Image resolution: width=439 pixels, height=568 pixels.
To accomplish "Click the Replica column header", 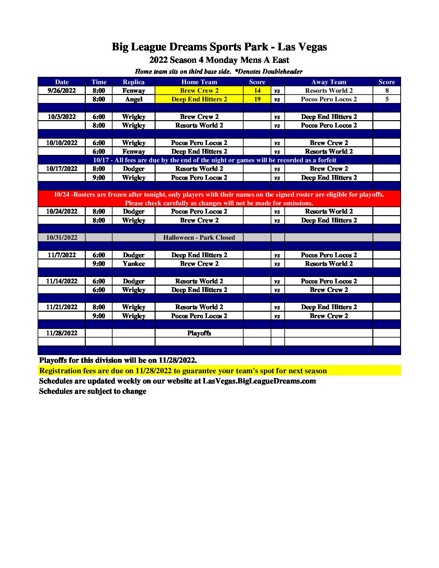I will (x=134, y=82).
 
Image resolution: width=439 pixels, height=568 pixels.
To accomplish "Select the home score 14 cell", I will (x=257, y=91).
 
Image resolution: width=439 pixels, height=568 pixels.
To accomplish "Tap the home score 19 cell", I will (x=257, y=99).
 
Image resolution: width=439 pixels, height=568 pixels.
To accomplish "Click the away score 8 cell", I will (x=387, y=91).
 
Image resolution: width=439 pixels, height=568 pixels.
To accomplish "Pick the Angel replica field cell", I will (x=134, y=99).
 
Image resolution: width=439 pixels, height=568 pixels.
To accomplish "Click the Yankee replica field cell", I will (x=134, y=264).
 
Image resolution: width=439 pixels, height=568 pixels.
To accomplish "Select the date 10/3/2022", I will (x=62, y=117).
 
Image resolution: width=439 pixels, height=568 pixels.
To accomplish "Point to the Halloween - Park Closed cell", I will (x=199, y=237).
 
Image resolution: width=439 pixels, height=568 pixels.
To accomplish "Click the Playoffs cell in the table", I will (x=199, y=333).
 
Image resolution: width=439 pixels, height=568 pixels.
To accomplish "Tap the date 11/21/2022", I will (x=62, y=307).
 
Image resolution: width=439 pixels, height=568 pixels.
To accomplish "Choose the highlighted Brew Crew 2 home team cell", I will (x=199, y=91).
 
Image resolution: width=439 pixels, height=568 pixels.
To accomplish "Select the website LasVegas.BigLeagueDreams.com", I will (x=259, y=381).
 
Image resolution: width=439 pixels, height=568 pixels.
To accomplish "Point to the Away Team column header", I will (x=329, y=82).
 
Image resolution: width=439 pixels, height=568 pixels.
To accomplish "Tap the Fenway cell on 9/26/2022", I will (x=134, y=91).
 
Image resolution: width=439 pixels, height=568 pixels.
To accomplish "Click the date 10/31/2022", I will (x=62, y=237).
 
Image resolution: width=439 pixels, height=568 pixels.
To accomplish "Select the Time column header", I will (x=99, y=82).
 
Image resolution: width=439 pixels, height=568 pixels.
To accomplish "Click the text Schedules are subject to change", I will (x=92, y=391).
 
